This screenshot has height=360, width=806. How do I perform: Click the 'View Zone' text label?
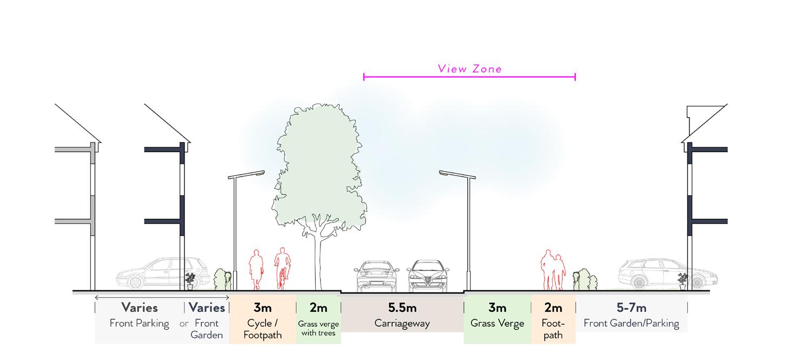tap(469, 69)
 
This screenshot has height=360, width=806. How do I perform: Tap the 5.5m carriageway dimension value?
tap(402, 308)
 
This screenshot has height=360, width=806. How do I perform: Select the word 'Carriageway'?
tap(402, 324)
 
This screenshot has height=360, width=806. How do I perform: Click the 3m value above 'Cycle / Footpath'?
tap(262, 308)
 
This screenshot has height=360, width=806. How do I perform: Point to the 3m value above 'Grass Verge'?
tap(497, 308)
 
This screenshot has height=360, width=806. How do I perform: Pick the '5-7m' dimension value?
tap(631, 308)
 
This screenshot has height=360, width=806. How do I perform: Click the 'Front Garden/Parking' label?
tap(631, 324)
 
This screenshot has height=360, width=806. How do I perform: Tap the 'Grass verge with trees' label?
tap(318, 328)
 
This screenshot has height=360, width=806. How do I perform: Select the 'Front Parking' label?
tap(139, 324)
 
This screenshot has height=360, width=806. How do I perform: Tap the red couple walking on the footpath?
tap(554, 270)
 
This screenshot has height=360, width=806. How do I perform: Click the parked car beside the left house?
tap(162, 273)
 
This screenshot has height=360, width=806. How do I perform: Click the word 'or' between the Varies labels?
tap(184, 324)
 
